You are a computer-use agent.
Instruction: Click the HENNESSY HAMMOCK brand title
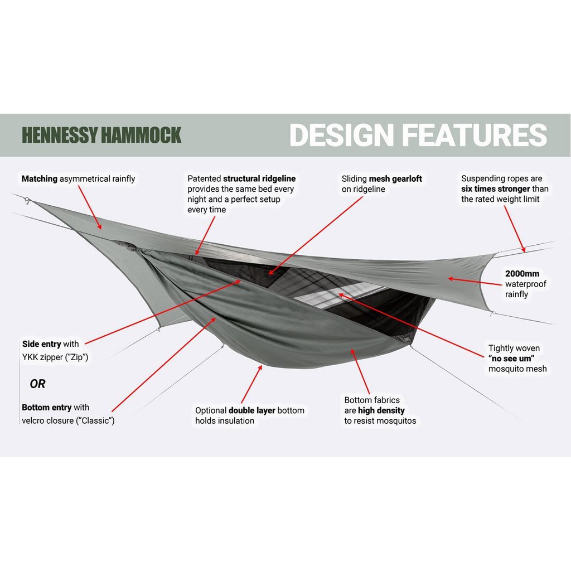click(101, 136)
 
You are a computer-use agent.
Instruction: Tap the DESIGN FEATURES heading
click(418, 136)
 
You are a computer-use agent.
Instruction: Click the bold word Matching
click(40, 179)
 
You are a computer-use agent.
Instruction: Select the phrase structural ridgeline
click(259, 179)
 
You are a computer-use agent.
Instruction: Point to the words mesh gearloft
click(395, 179)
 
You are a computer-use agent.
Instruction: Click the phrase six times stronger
click(496, 189)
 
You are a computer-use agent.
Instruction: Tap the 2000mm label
click(522, 274)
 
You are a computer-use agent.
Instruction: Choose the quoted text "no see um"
click(507, 359)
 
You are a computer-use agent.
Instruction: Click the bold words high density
click(381, 410)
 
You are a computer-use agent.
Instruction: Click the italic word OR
click(37, 384)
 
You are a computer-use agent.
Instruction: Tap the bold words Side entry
click(41, 344)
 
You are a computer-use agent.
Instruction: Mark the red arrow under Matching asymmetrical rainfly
click(90, 207)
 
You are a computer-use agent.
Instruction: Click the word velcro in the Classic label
click(35, 420)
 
